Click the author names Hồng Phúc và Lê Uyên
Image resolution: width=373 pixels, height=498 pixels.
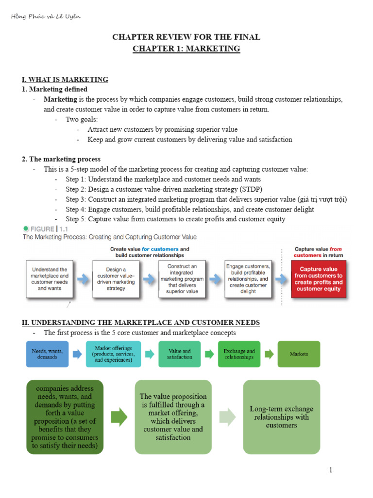click(45, 17)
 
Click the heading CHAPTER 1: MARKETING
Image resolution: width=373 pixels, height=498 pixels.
click(186, 49)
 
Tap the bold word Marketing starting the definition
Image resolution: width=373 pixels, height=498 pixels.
click(60, 99)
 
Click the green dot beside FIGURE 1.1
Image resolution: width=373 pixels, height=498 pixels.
click(26, 228)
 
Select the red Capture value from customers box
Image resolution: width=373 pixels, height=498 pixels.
click(318, 279)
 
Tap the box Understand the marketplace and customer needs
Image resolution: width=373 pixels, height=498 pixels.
click(50, 279)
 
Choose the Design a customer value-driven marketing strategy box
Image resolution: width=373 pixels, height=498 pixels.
click(115, 279)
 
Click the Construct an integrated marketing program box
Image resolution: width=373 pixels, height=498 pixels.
click(182, 279)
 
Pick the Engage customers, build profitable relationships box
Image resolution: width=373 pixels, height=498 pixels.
click(248, 279)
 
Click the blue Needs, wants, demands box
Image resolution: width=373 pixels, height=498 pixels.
click(47, 354)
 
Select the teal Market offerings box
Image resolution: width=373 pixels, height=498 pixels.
click(113, 354)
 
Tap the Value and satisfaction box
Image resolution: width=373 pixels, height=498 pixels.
click(179, 354)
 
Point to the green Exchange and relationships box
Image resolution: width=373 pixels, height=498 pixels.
click(239, 354)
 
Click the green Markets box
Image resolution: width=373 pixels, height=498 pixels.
click(299, 354)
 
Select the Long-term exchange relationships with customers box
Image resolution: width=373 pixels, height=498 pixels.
click(281, 417)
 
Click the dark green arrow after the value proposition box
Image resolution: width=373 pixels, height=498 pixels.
click(119, 417)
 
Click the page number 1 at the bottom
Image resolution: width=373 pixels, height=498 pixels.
click(330, 470)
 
